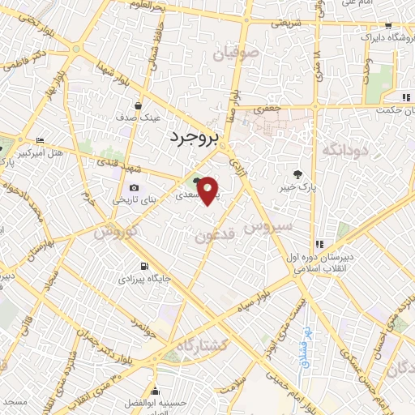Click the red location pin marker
pyautogui.click(x=208, y=190)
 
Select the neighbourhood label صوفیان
pyautogui.click(x=233, y=54)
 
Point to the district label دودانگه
pyautogui.click(x=344, y=151)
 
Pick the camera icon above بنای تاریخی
pyautogui.click(x=134, y=188)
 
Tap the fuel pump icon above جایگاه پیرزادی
pyautogui.click(x=143, y=266)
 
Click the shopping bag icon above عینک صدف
pyautogui.click(x=138, y=105)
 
